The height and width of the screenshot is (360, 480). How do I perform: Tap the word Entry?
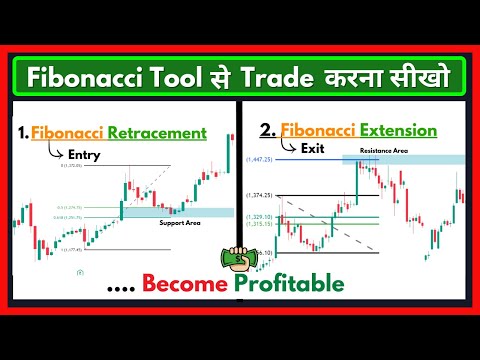(84, 154)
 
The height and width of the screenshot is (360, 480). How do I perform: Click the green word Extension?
(399, 130)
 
